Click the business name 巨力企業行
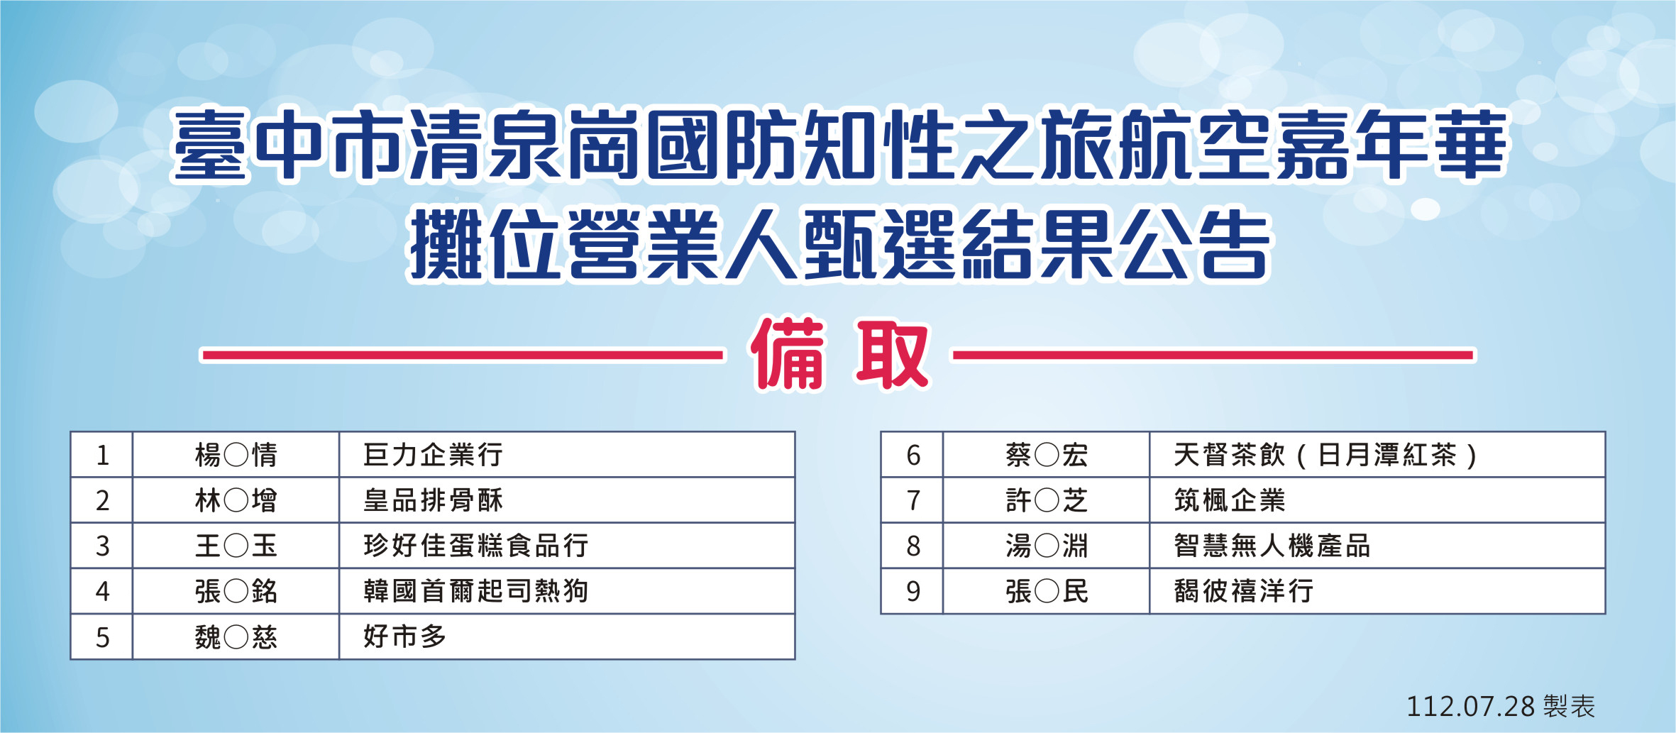433,455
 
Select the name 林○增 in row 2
236,500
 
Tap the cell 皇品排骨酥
433,500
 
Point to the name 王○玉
236,546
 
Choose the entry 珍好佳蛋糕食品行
475,546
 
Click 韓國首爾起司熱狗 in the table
475,591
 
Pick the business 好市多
404,636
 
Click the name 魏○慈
236,636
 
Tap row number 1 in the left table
102,456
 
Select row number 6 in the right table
913,456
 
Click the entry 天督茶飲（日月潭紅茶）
1325,455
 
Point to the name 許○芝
1047,500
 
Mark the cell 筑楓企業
1229,500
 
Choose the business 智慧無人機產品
1272,546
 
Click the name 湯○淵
1047,546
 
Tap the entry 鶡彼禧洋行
1243,591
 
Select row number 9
913,592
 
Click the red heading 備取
839,354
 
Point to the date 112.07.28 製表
1501,706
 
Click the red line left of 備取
463,355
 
